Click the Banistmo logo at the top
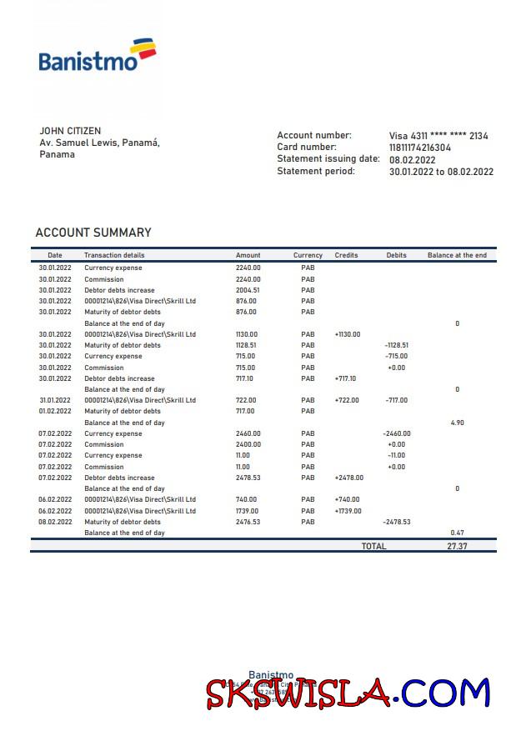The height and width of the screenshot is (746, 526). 97,54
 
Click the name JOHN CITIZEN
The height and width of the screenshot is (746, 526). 70,131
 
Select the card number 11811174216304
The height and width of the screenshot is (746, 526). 420,148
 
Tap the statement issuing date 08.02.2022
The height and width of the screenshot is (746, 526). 413,160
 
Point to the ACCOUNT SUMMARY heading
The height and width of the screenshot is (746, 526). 93,233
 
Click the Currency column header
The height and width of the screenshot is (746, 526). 308,255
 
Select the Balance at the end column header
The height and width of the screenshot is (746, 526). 457,255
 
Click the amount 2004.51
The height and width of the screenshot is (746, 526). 248,290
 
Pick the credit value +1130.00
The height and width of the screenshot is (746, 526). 348,334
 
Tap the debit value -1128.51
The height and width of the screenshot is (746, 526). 396,345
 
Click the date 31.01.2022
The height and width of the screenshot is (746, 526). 55,400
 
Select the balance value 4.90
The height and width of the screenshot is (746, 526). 457,423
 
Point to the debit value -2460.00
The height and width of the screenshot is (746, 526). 397,433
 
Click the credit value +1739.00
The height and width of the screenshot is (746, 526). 348,511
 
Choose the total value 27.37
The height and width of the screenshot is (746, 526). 457,546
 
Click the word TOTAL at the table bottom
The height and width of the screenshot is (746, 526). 373,546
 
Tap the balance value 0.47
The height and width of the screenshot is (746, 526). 457,533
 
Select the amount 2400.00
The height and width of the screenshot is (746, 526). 248,444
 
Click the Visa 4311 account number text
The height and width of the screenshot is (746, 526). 438,136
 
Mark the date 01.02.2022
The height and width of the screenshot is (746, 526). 55,411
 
